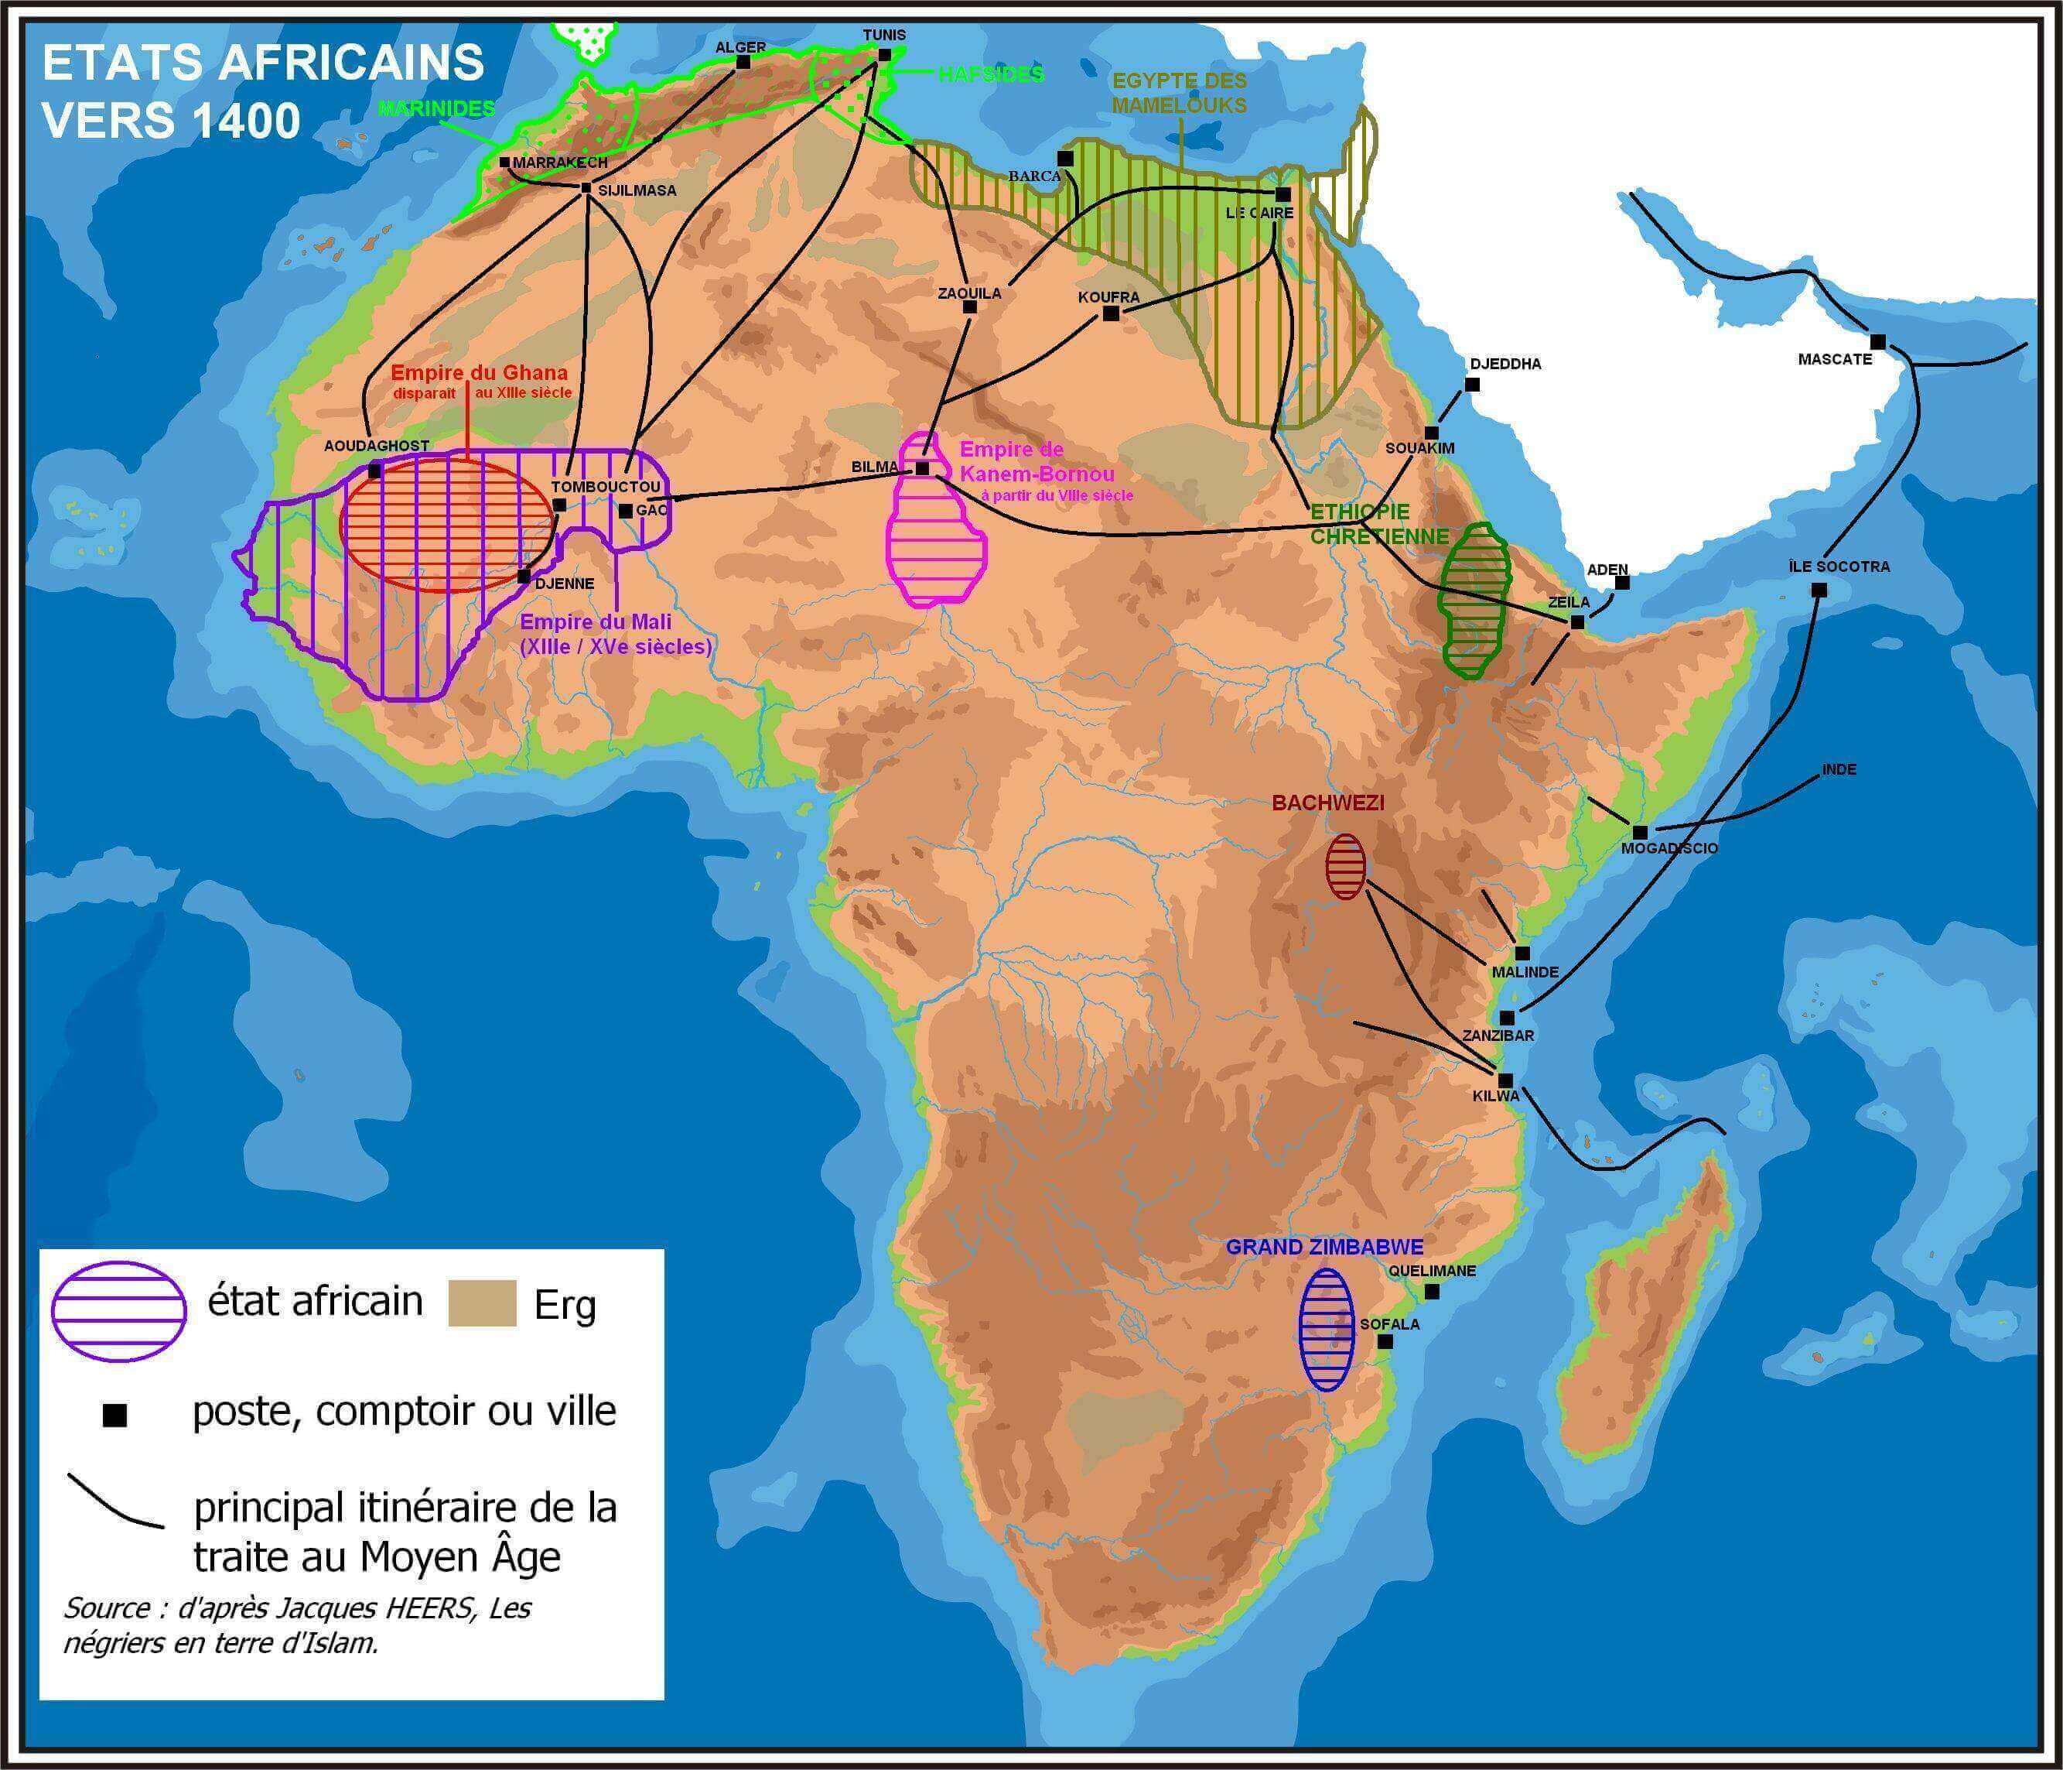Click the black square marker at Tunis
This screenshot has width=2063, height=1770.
click(884, 56)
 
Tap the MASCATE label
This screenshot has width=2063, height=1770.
click(1834, 358)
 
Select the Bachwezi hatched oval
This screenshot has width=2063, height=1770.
click(1345, 867)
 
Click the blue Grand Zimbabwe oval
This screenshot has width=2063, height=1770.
click(1326, 1329)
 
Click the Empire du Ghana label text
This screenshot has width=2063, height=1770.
click(479, 372)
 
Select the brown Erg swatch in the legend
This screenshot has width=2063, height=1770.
click(482, 1303)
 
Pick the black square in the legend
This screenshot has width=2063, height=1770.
click(115, 1416)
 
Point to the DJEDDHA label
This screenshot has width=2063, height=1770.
click(1505, 364)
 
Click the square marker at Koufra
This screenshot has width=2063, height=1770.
click(1111, 313)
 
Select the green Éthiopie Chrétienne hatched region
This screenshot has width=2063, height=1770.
click(1474, 603)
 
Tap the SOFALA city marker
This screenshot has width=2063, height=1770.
click(1384, 1342)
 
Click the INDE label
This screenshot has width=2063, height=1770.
click(1839, 769)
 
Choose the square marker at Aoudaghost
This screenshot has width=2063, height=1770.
click(375, 470)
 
